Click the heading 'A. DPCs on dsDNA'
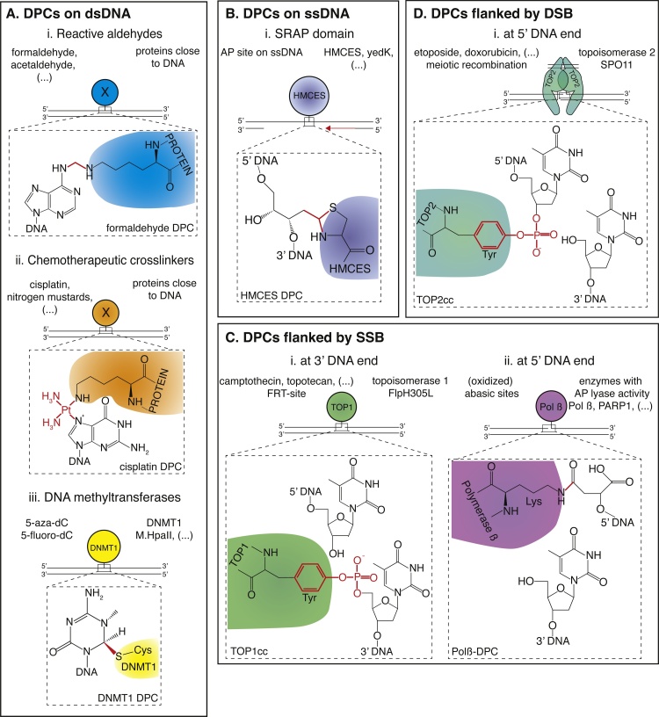coord(70,12)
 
